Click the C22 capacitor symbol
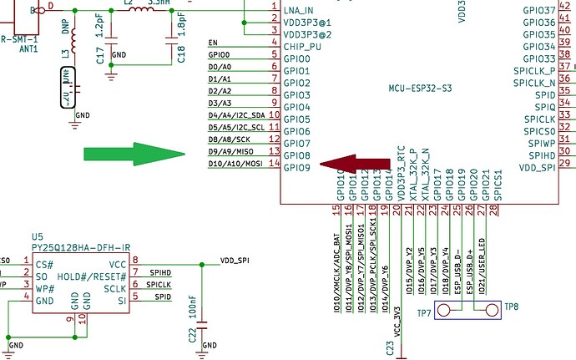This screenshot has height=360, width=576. pos(204,328)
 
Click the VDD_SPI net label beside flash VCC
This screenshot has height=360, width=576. pos(235,261)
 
